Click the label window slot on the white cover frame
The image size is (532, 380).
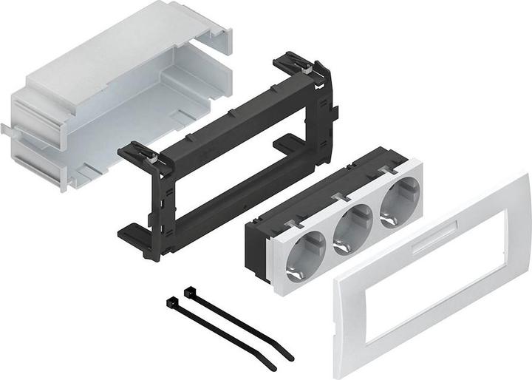pyautogui.click(x=434, y=243)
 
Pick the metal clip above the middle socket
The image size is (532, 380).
pyautogui.click(x=339, y=196)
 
